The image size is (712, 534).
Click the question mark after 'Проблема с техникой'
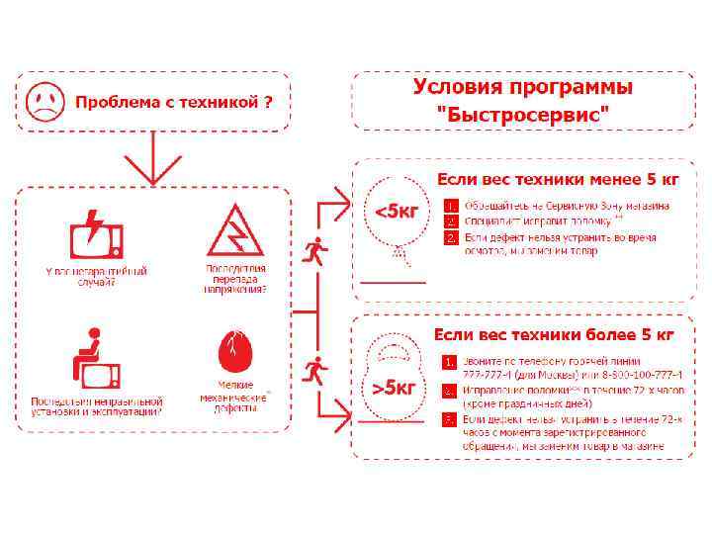268,102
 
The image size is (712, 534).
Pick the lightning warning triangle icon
235,231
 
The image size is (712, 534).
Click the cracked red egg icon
236,353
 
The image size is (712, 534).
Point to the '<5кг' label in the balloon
394,211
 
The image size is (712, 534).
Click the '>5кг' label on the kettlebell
394,387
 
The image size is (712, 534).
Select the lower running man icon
315,371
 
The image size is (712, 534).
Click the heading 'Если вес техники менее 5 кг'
558,180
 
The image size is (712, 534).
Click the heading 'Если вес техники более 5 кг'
554,334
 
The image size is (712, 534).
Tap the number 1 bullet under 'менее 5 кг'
449,206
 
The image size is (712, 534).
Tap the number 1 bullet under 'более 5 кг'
449,362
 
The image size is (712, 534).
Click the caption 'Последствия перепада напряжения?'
235,279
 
